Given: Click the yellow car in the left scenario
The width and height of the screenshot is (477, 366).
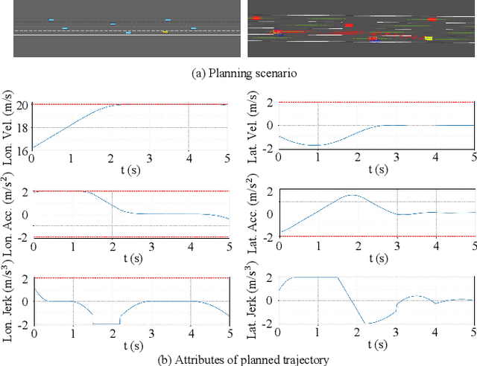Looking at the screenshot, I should pyautogui.click(x=165, y=31).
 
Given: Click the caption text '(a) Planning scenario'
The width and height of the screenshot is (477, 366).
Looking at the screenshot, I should pyautogui.click(x=238, y=73).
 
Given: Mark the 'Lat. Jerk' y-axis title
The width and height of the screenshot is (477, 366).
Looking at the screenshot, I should pyautogui.click(x=253, y=301).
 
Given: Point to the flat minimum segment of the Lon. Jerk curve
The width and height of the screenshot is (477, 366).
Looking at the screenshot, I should pyautogui.click(x=106, y=324).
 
